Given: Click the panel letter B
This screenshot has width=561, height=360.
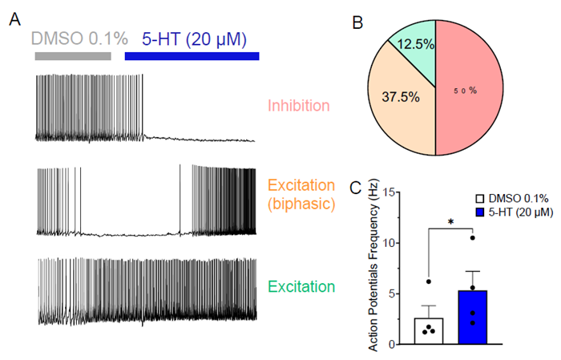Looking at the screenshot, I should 359,20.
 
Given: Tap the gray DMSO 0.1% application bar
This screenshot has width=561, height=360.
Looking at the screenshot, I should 72,56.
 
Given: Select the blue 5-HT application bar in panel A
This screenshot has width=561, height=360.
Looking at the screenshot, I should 192,56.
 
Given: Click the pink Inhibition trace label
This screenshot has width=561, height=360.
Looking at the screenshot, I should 298,105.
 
